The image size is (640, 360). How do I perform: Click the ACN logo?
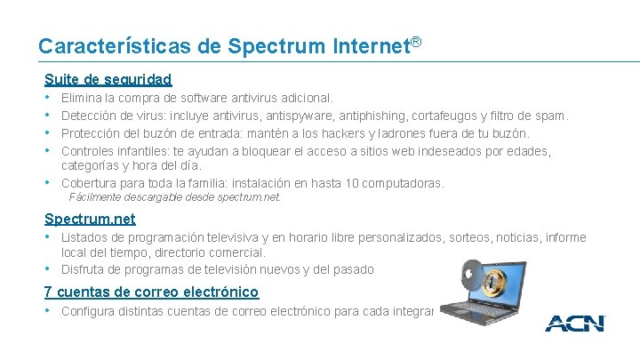[575, 324]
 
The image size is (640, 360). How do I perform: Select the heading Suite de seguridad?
[108, 79]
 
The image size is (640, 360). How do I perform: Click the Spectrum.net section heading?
[90, 219]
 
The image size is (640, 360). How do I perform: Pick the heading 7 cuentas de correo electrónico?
[151, 292]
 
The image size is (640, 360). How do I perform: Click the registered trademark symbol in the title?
[414, 42]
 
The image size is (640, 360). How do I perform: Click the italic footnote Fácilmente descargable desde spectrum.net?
[174, 197]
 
